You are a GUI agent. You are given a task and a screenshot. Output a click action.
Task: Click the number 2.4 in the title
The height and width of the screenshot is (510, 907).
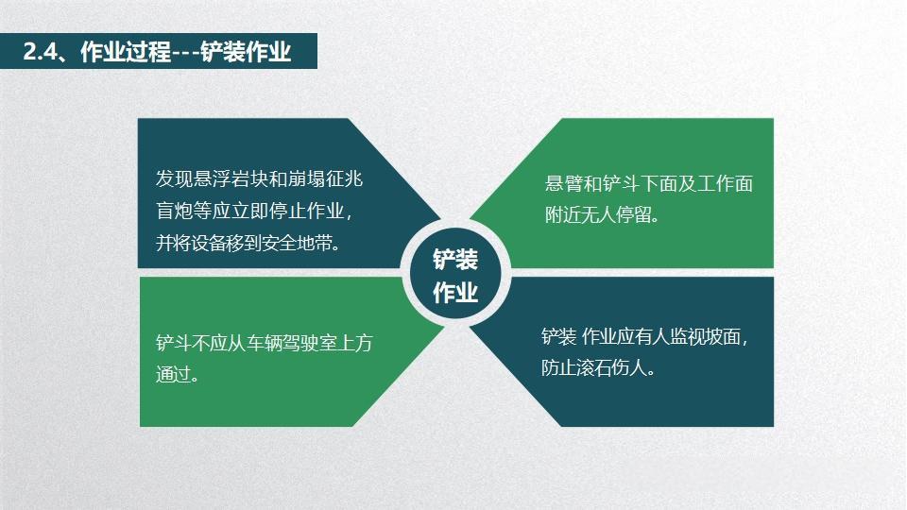tap(40, 52)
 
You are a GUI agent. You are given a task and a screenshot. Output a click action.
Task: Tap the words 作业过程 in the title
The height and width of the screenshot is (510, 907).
tap(126, 52)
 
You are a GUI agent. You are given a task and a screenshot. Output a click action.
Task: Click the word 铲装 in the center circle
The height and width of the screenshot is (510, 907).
tap(455, 260)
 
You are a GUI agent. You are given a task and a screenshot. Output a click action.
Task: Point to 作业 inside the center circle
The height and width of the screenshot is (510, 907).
tap(455, 293)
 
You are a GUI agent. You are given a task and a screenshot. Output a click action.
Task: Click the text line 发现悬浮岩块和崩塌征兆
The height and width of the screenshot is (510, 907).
tap(259, 179)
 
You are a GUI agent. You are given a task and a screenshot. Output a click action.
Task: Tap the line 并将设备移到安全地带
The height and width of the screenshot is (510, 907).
tap(248, 242)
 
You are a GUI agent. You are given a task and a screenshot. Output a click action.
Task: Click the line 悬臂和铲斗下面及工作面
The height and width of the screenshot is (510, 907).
tap(649, 184)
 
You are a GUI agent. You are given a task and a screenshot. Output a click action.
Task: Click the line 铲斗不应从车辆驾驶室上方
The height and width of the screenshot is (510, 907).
tap(264, 344)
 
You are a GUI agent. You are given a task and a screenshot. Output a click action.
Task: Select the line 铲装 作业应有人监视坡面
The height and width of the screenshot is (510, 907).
tap(649, 337)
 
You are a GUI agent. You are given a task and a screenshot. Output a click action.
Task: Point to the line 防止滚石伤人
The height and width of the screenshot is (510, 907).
tap(598, 367)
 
